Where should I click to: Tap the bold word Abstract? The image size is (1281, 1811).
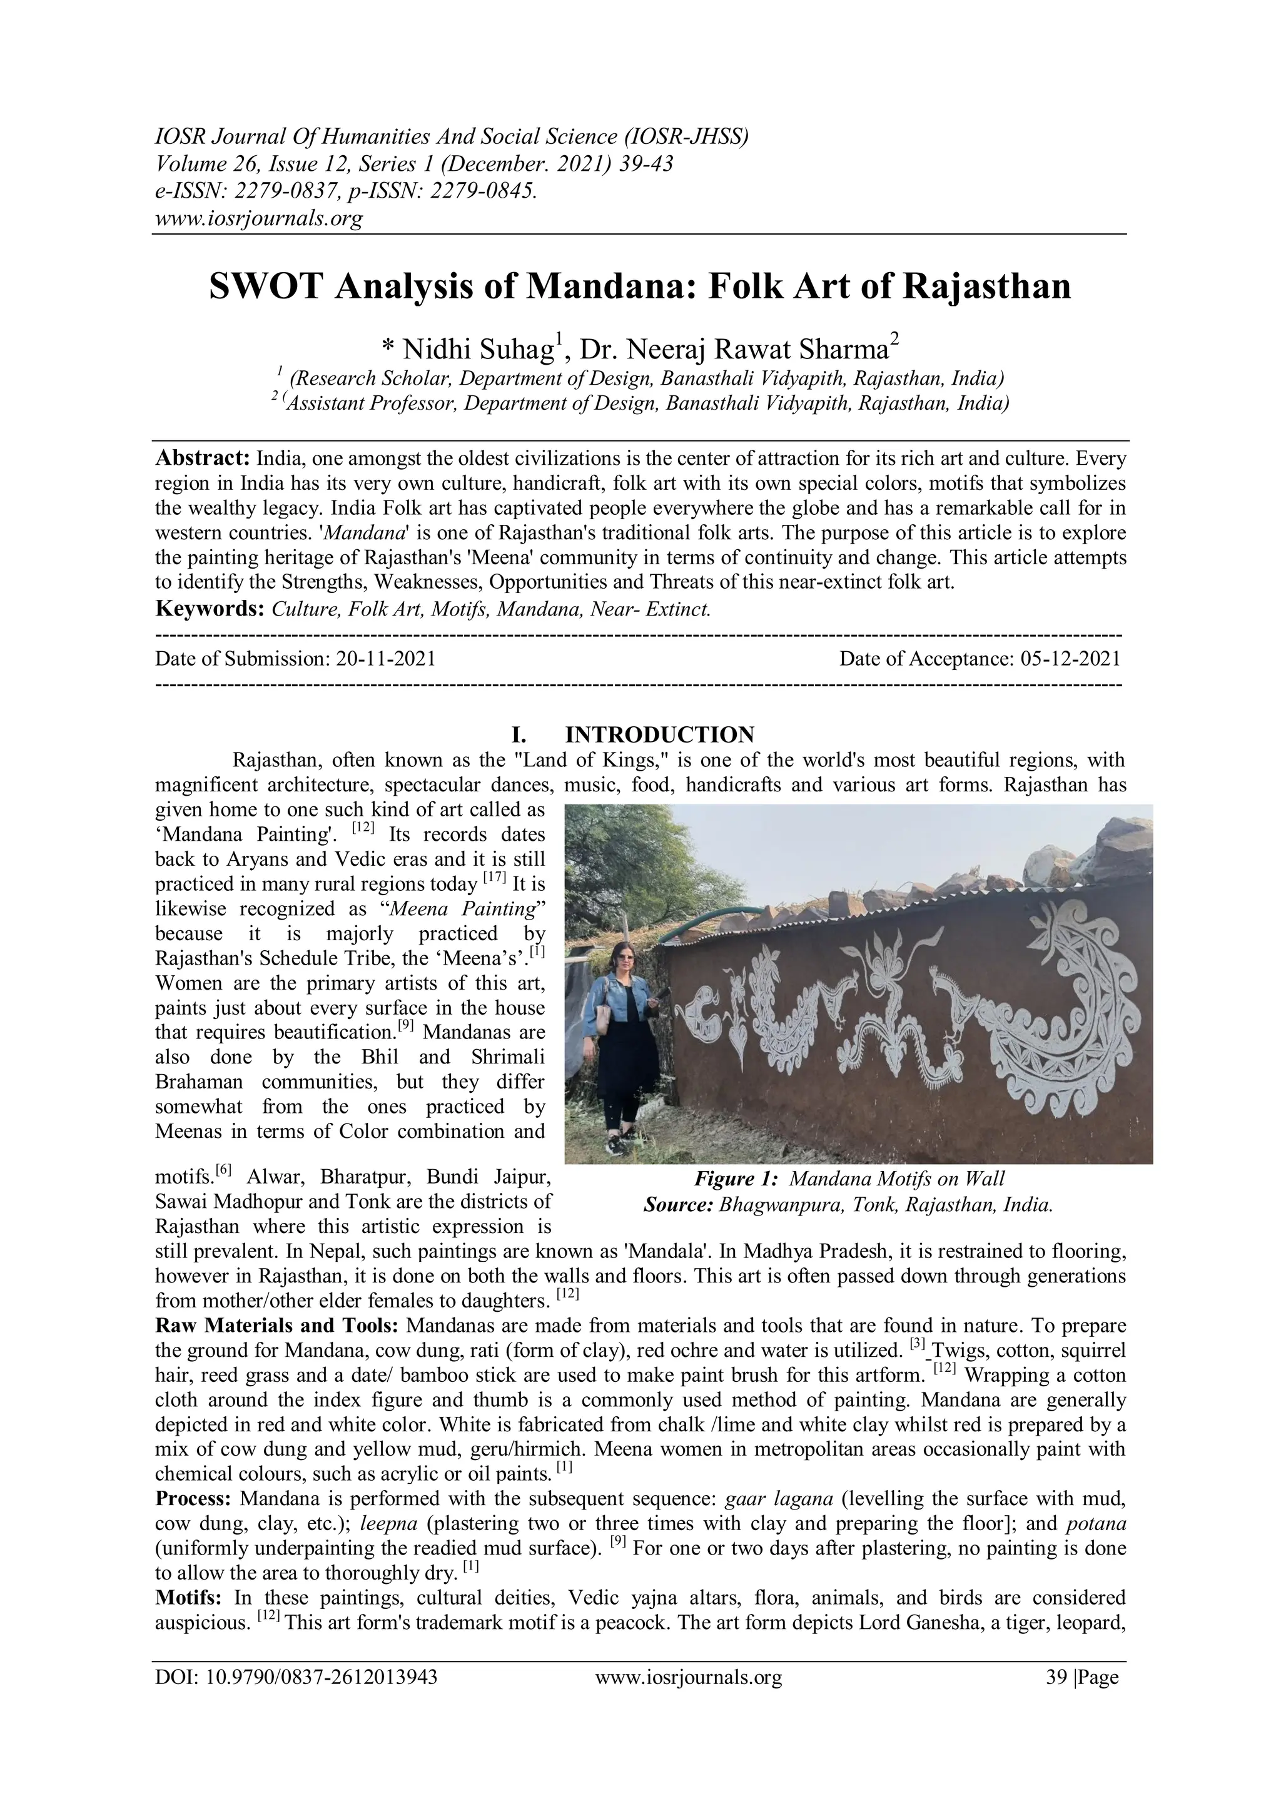[x=202, y=459]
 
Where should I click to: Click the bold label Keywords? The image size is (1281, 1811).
[x=209, y=609]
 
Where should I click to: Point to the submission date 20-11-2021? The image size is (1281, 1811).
[x=386, y=659]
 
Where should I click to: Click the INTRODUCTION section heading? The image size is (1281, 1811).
[x=659, y=734]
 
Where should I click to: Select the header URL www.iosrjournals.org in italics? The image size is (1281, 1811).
[x=259, y=218]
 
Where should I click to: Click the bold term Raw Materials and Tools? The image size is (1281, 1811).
[x=278, y=1325]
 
